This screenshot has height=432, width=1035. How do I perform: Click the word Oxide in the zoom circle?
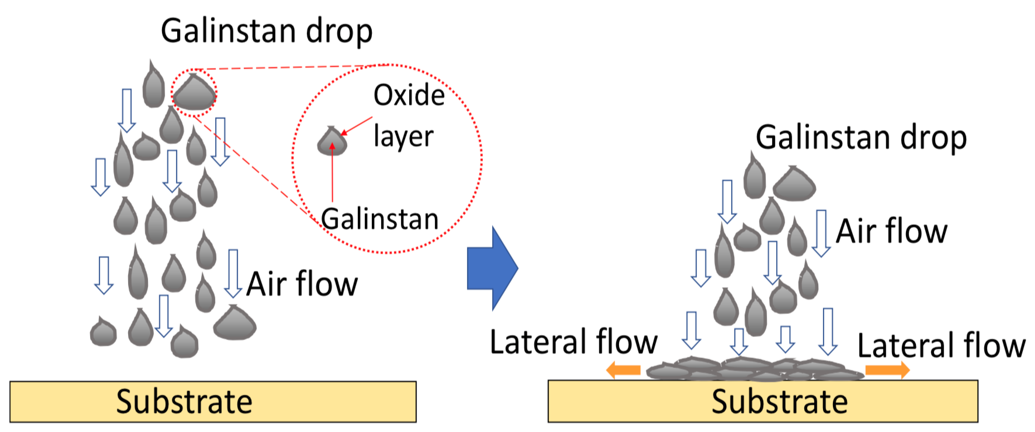tap(409, 96)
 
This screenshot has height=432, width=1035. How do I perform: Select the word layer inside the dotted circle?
tap(403, 137)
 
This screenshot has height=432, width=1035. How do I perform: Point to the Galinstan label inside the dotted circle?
tap(380, 219)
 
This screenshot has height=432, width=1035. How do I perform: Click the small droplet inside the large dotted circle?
tap(332, 143)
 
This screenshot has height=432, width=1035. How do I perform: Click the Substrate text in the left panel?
tap(184, 402)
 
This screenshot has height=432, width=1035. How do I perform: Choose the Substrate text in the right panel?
tap(779, 402)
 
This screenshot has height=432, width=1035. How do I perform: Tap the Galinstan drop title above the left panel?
tap(266, 31)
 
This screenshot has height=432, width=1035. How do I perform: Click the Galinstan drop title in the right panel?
tap(861, 138)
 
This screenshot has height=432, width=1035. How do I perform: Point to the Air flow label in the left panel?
tap(302, 284)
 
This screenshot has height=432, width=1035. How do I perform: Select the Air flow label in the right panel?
tap(891, 232)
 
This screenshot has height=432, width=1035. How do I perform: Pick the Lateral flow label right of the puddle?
tap(941, 346)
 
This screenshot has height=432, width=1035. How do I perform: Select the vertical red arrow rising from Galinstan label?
tap(332, 173)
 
